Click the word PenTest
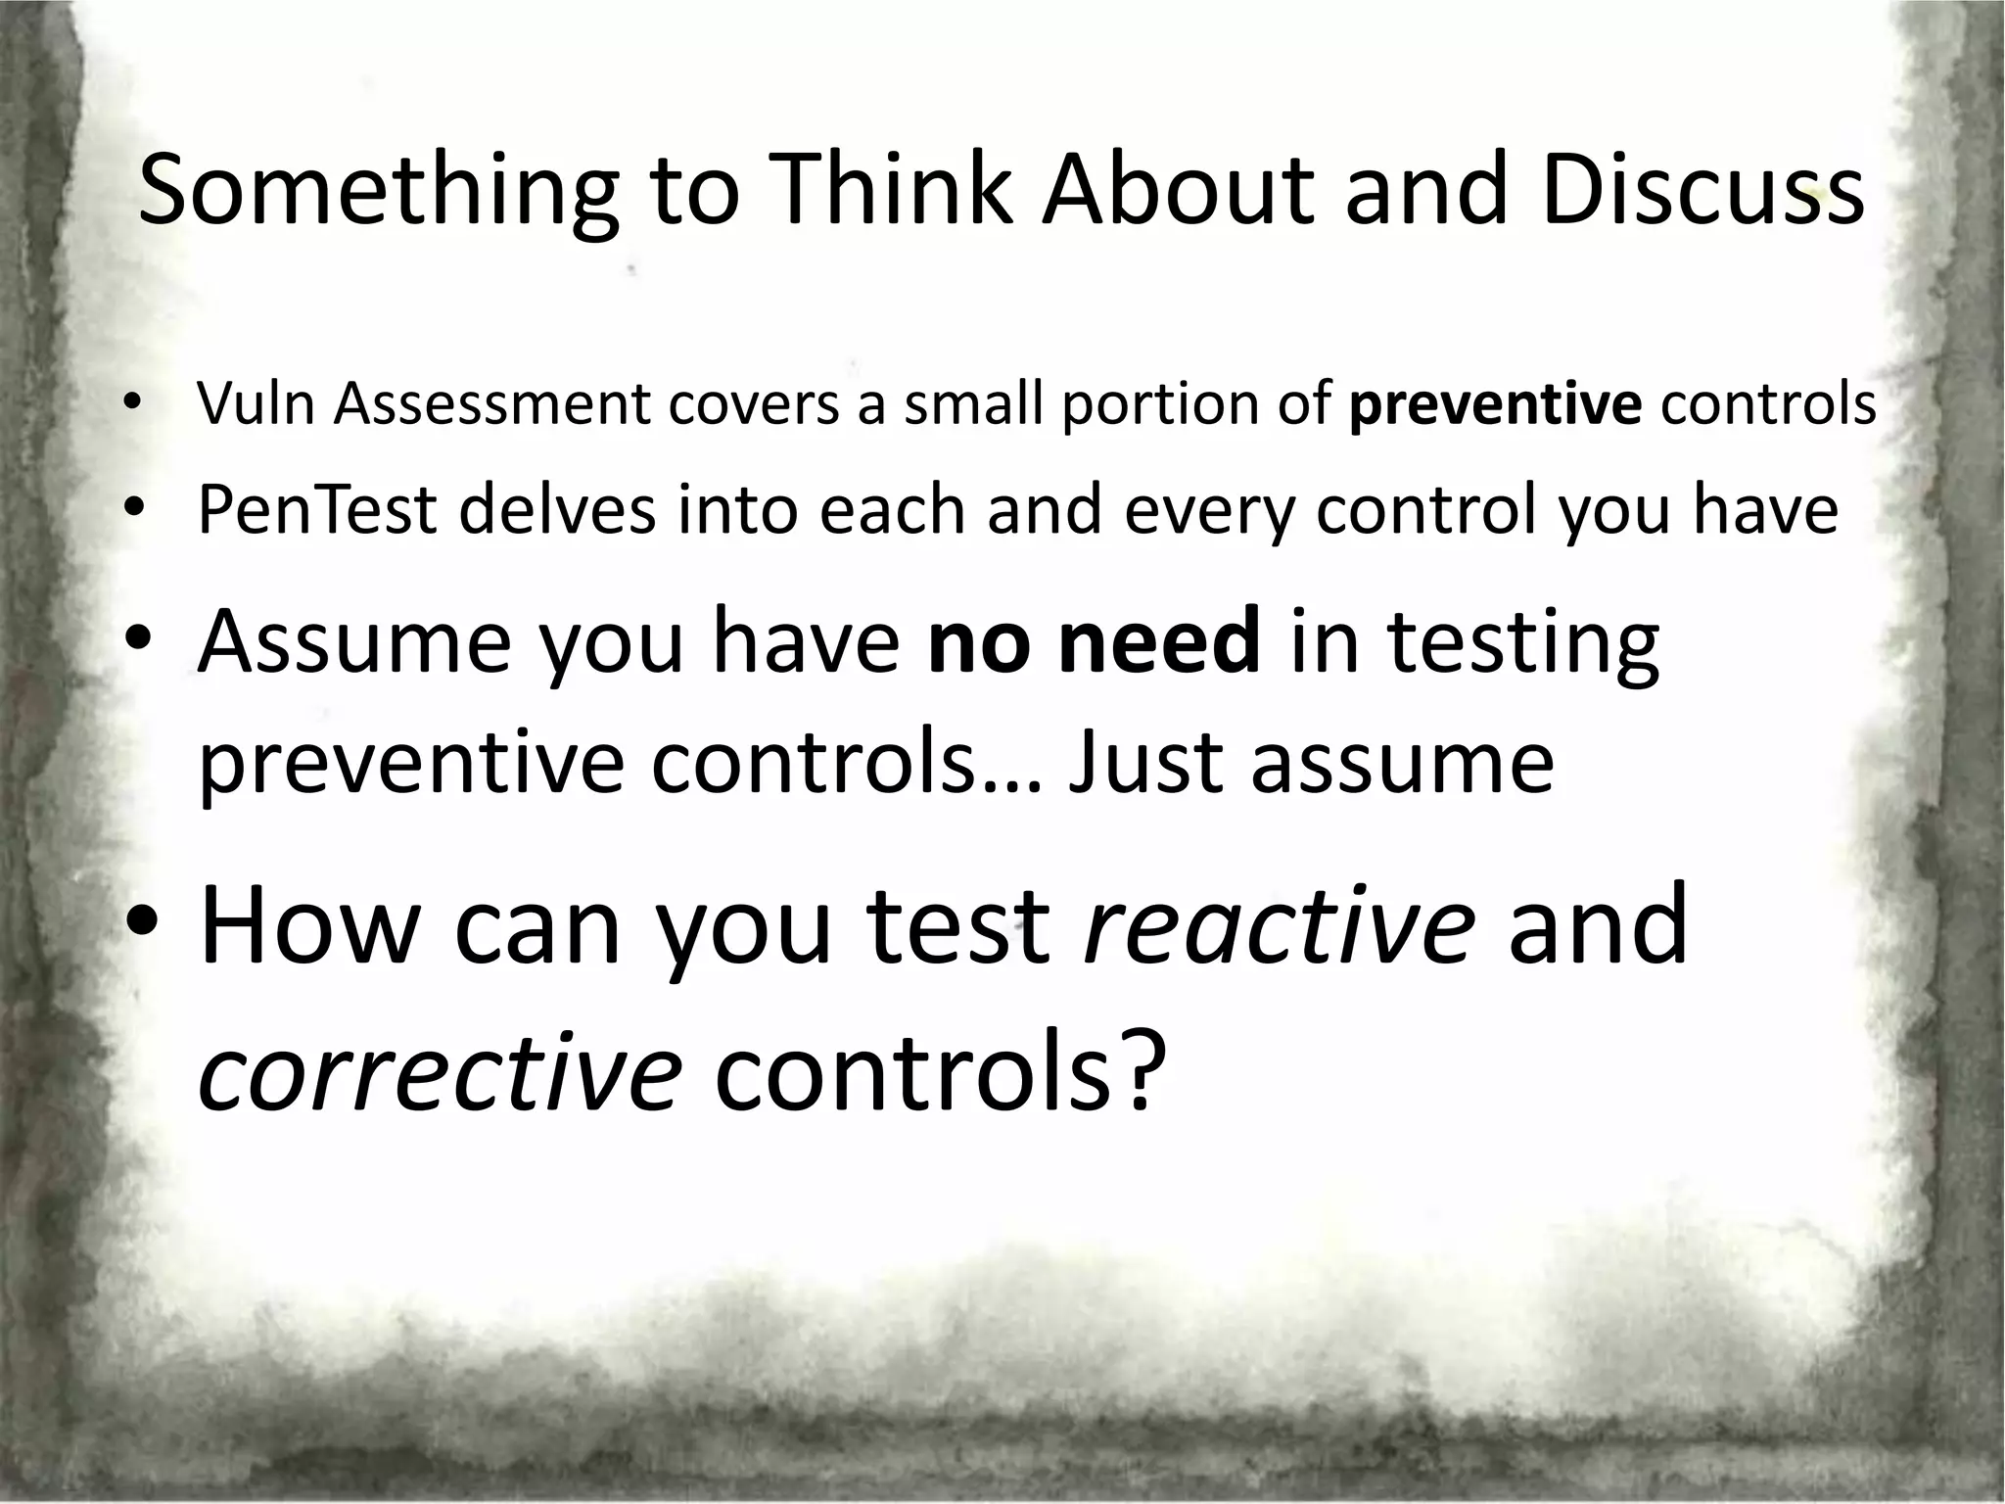click(316, 510)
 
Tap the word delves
click(556, 510)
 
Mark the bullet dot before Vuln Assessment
click(133, 404)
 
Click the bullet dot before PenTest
click(134, 511)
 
